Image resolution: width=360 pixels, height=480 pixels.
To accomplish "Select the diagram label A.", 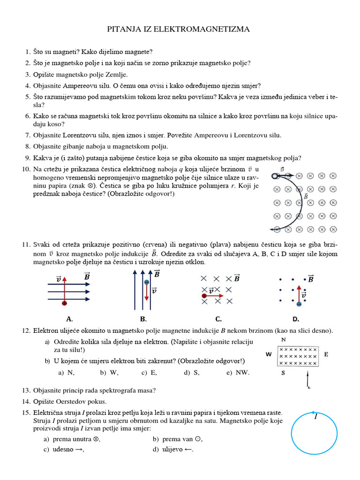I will (69, 319).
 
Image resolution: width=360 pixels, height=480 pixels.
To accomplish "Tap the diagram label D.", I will (295, 319).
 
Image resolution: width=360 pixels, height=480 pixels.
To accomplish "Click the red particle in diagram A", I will (64, 304).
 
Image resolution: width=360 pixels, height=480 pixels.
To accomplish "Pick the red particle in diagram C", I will (204, 296).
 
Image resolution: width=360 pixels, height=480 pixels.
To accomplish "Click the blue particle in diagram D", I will (299, 304).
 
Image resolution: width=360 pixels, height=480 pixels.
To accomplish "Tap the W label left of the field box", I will (269, 354).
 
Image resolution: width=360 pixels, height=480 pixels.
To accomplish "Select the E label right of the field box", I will (326, 354).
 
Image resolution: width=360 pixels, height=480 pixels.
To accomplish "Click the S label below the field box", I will (283, 373).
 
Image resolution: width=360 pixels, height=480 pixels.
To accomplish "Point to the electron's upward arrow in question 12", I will (307, 379).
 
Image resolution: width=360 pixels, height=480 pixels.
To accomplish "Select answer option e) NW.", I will (236, 373).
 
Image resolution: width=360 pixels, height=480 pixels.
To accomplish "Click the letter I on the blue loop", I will (315, 417).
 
